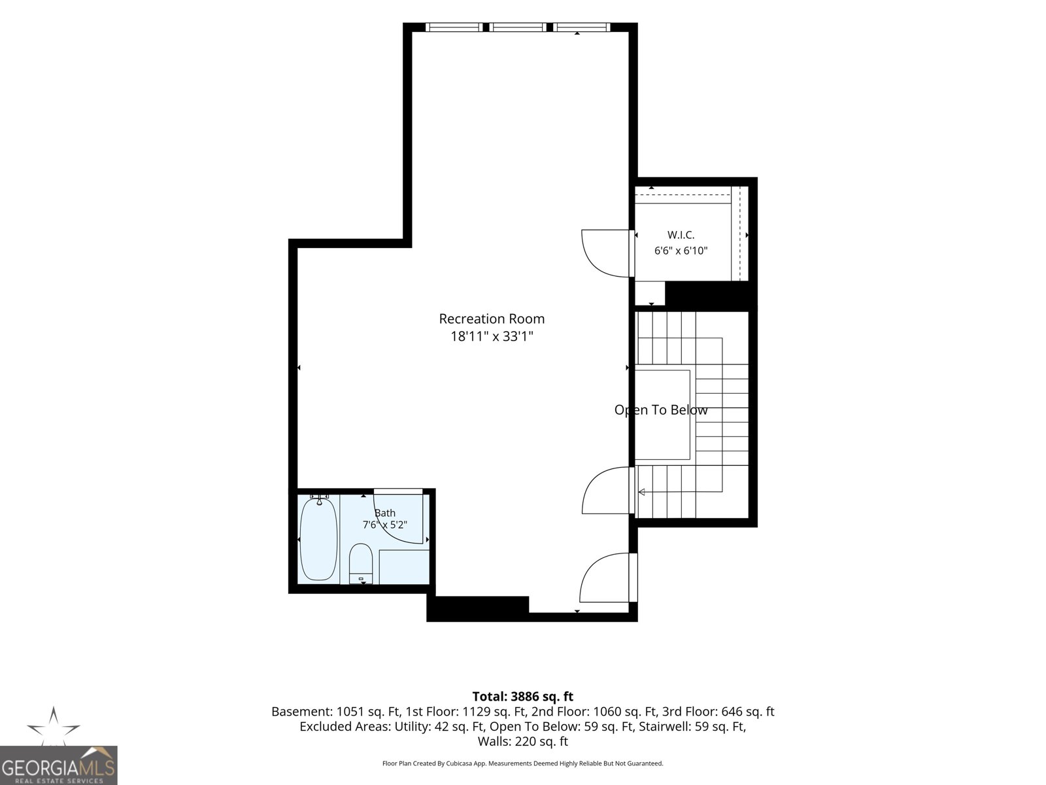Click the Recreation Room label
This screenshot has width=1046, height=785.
pyautogui.click(x=492, y=319)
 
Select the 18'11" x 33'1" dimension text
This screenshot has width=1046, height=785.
pyautogui.click(x=492, y=336)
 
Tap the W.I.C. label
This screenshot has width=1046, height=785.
pyautogui.click(x=681, y=235)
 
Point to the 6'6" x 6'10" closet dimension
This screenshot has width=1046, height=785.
pyautogui.click(x=681, y=251)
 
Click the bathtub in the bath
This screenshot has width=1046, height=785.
pyautogui.click(x=318, y=538)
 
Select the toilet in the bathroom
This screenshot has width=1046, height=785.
pyautogui.click(x=361, y=563)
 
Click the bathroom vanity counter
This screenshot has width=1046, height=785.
pyautogui.click(x=404, y=567)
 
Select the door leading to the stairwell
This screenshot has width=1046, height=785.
pyautogui.click(x=607, y=490)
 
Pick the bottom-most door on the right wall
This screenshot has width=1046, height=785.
pyautogui.click(x=607, y=577)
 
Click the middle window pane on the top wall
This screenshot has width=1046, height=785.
pyautogui.click(x=518, y=27)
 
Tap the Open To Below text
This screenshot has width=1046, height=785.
pyautogui.click(x=660, y=410)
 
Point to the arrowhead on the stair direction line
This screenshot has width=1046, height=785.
pyautogui.click(x=641, y=492)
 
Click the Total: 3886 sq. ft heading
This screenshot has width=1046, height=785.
pyautogui.click(x=523, y=697)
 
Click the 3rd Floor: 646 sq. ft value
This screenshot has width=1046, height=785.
pyautogui.click(x=724, y=712)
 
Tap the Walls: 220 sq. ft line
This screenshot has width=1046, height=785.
pyautogui.click(x=523, y=742)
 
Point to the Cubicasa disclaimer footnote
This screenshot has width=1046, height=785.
pyautogui.click(x=523, y=763)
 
